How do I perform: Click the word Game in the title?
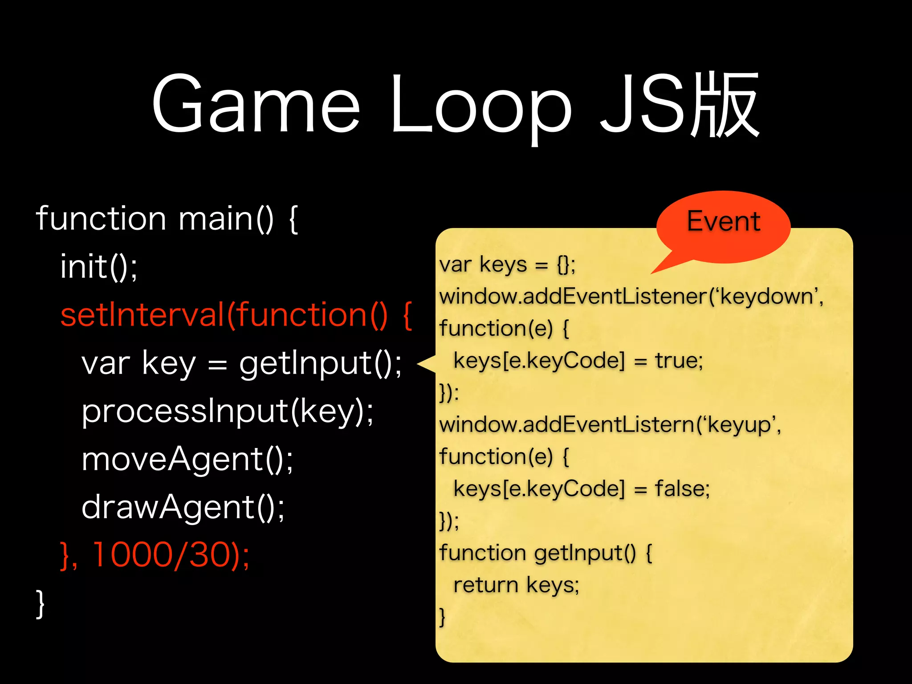[x=256, y=105]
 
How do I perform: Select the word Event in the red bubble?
[x=723, y=221]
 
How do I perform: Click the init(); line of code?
[x=99, y=267]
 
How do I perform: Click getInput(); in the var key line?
[x=320, y=363]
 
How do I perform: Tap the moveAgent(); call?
[x=187, y=459]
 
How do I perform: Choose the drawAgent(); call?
[x=183, y=507]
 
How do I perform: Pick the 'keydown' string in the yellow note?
[x=769, y=297]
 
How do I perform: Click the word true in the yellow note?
[x=678, y=360]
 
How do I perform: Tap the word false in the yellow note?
[x=681, y=489]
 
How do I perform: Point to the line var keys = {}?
[x=507, y=265]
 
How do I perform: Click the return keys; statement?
[x=516, y=585]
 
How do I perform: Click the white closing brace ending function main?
[x=40, y=604]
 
